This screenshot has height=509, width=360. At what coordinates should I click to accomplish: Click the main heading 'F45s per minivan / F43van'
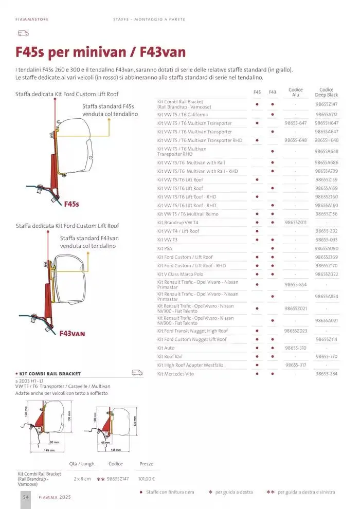[x=100, y=52]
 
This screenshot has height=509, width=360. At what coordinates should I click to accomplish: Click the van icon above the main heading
[x=23, y=33]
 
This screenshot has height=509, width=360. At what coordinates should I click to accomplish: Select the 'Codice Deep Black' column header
[x=326, y=93]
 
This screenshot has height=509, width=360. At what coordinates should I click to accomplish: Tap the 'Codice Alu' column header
[x=296, y=93]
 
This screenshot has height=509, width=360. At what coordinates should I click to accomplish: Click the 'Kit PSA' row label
[x=165, y=248]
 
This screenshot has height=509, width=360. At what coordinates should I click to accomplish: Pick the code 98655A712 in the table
[x=327, y=115]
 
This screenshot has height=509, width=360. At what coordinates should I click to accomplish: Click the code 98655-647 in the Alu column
[x=296, y=123]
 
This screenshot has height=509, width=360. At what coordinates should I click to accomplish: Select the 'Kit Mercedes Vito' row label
[x=176, y=374]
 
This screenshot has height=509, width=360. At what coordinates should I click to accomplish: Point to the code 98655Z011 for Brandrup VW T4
[x=296, y=223]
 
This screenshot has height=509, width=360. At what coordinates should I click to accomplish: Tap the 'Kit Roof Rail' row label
[x=170, y=356]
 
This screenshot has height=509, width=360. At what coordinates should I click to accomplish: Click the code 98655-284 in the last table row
[x=327, y=374]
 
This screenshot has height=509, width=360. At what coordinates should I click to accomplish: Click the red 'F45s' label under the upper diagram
[x=71, y=204]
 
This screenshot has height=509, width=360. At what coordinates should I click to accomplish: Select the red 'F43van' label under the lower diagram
[x=72, y=333]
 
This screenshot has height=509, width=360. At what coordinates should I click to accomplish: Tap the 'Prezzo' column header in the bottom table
[x=147, y=464]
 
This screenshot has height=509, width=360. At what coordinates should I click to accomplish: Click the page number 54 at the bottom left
[x=25, y=498]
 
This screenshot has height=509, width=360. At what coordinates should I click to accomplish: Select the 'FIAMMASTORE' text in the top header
[x=32, y=20]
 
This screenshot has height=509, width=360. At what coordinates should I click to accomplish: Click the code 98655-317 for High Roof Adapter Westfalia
[x=296, y=365]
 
